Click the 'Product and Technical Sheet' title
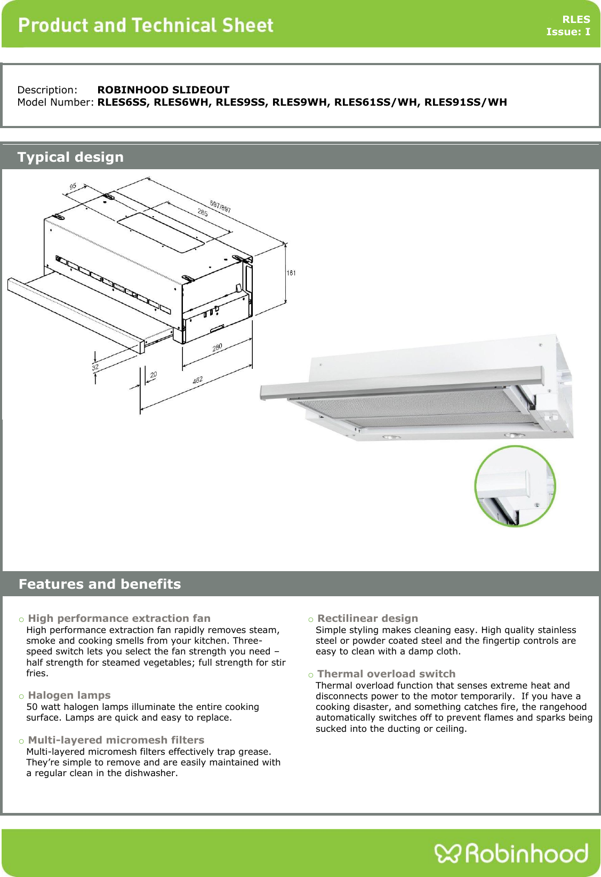pyautogui.click(x=146, y=25)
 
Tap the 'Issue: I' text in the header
pyautogui.click(x=568, y=32)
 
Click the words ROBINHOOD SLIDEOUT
pyautogui.click(x=163, y=90)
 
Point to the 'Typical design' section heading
pyautogui.click(x=70, y=157)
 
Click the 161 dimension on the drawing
pyautogui.click(x=291, y=273)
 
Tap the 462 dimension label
pyautogui.click(x=197, y=381)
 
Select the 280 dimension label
pyautogui.click(x=217, y=347)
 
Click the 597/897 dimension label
pyautogui.click(x=220, y=206)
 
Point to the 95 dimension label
pyautogui.click(x=73, y=186)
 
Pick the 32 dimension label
pyautogui.click(x=95, y=367)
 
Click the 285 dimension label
pyautogui.click(x=203, y=212)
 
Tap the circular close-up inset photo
pyautogui.click(x=515, y=486)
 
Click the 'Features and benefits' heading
pyautogui.click(x=100, y=584)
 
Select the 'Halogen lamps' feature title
pyautogui.click(x=69, y=695)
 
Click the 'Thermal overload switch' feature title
pyautogui.click(x=386, y=674)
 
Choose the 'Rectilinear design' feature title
pyautogui.click(x=367, y=618)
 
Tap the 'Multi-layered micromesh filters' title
pyautogui.click(x=116, y=740)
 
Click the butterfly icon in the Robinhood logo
pyautogui.click(x=446, y=853)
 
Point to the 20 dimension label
pyautogui.click(x=154, y=375)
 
